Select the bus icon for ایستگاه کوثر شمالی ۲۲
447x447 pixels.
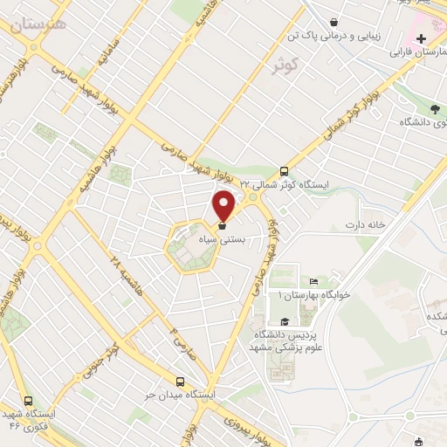(x=284, y=172)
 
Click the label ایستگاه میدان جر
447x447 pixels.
(x=181, y=395)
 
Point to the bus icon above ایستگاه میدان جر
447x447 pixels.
(x=181, y=382)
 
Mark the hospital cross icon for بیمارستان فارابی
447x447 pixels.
(x=421, y=38)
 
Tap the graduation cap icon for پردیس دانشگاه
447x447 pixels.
(x=285, y=322)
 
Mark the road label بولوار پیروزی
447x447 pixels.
(x=214, y=428)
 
